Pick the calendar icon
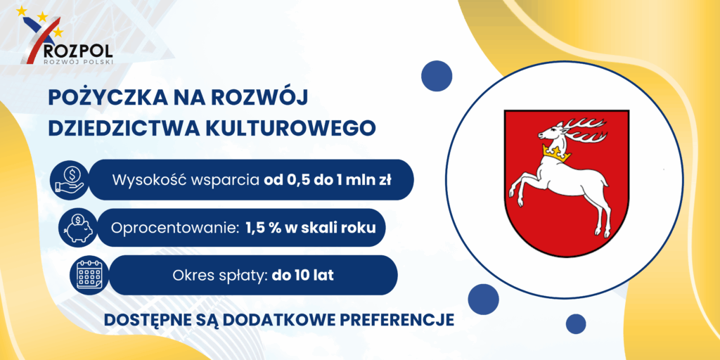click(x=89, y=275)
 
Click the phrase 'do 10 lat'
click(x=302, y=276)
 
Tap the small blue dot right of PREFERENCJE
click(x=575, y=323)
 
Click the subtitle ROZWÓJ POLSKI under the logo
click(x=77, y=60)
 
